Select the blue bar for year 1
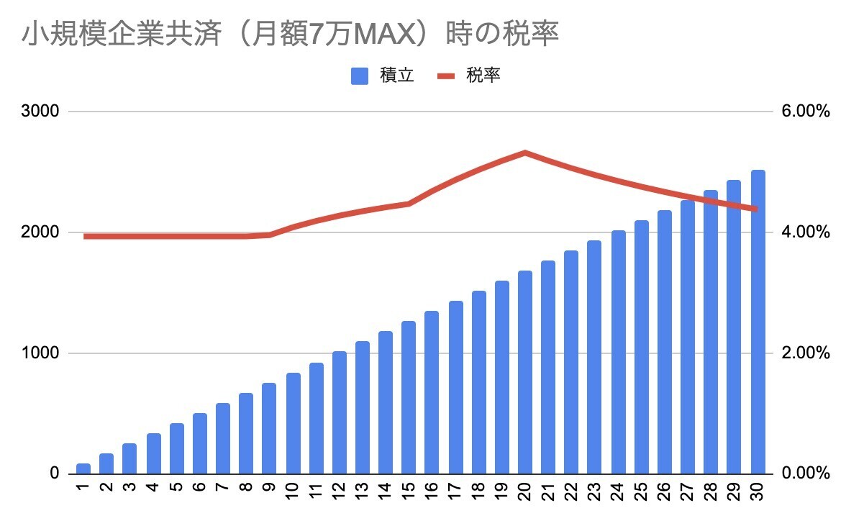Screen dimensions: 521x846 point(83,468)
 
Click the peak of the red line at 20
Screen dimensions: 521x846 point(525,153)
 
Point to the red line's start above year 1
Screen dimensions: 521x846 point(85,236)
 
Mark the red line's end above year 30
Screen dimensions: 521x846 point(757,209)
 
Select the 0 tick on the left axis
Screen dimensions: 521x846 point(54,474)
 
